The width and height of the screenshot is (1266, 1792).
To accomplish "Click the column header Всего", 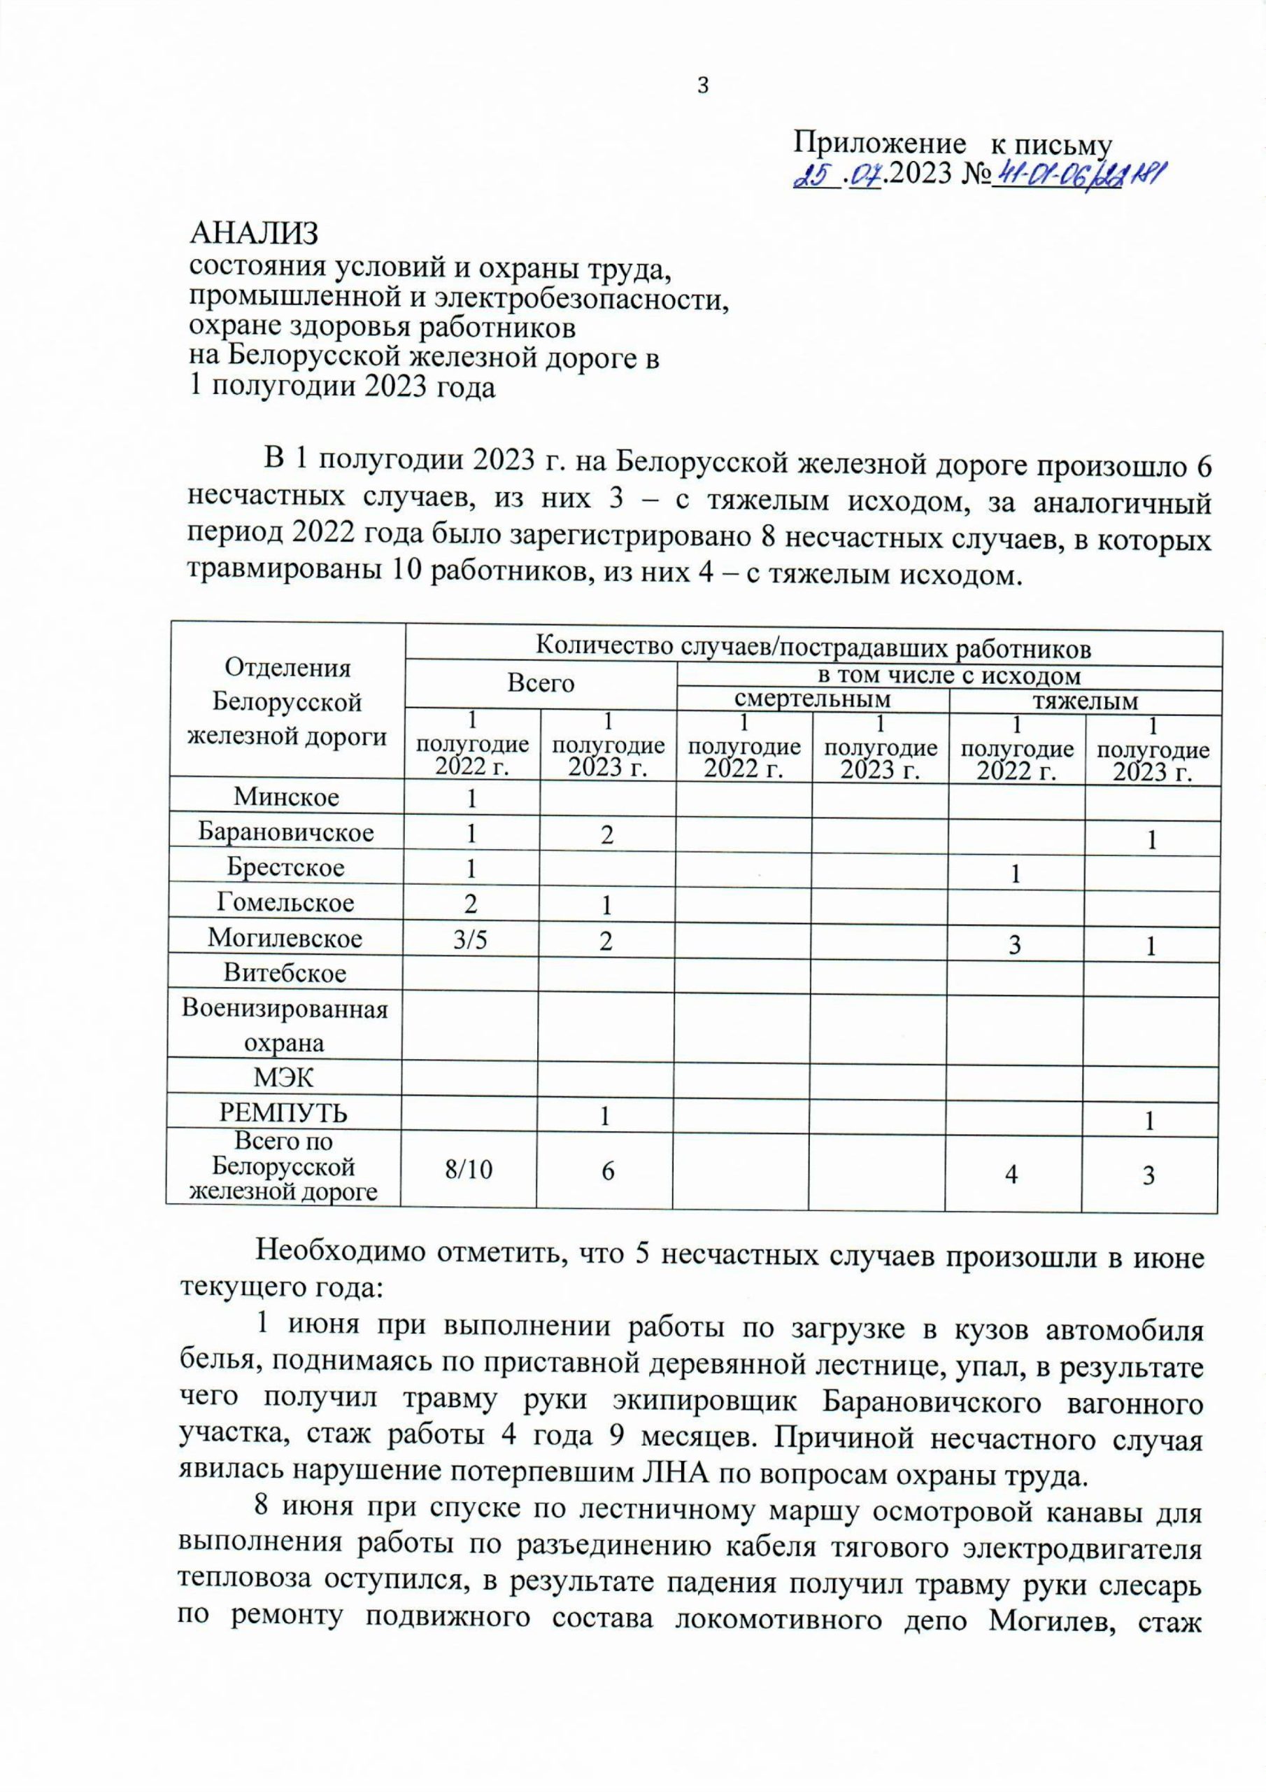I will (x=541, y=684).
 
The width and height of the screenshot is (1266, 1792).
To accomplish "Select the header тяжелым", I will (x=1085, y=701).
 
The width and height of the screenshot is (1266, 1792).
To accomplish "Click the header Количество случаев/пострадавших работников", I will (x=813, y=647).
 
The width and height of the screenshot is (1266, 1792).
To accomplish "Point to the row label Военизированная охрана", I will (x=285, y=1025).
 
